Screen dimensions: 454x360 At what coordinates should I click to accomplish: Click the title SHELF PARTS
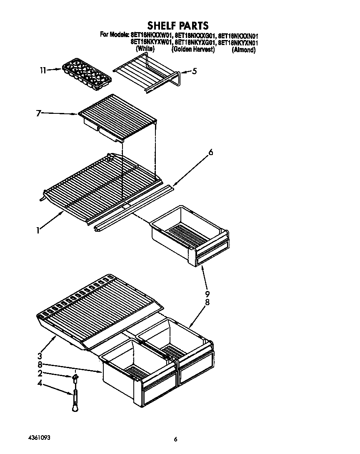click(177, 26)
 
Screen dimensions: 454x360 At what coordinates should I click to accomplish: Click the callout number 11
click(43, 70)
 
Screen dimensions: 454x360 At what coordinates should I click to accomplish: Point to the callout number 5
click(194, 71)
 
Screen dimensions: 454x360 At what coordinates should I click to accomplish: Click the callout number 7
click(38, 113)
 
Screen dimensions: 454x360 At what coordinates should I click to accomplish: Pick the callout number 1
click(38, 230)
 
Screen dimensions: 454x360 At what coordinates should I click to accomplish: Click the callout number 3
click(40, 356)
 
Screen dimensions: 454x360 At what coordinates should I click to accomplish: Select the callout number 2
click(40, 373)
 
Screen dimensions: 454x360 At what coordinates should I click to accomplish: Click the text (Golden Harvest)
click(193, 49)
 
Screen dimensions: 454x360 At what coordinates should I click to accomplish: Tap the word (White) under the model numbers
click(145, 49)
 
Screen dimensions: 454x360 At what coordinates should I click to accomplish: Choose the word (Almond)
click(243, 50)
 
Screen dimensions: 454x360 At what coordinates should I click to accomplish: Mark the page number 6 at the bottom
click(176, 439)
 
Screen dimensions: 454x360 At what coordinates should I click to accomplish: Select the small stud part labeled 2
click(75, 378)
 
